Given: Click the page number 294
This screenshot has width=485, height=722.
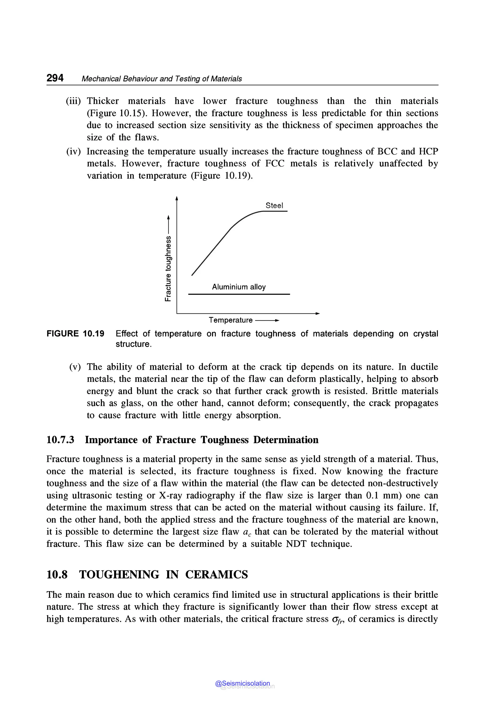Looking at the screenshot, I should tap(55, 78).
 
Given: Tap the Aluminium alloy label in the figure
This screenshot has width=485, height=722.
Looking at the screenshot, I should tap(238, 287).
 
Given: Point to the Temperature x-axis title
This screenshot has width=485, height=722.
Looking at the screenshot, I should tap(230, 320).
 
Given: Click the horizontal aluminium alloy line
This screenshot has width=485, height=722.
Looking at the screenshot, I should tap(239, 294).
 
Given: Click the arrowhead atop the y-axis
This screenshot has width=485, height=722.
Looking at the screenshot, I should tap(177, 198).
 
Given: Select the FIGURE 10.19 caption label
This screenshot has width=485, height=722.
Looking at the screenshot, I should tap(75, 334).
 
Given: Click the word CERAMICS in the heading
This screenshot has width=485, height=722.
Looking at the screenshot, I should tap(216, 575).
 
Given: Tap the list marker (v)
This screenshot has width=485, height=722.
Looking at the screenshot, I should tap(75, 367).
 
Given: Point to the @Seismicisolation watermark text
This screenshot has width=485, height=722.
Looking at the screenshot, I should tap(242, 683).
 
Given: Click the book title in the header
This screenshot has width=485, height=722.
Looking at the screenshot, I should tap(162, 79).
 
